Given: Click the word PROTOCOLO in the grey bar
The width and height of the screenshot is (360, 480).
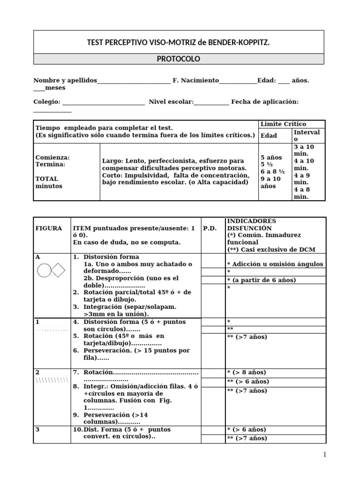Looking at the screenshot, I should click(x=178, y=59).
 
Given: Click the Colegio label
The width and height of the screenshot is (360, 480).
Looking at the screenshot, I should click(x=46, y=102).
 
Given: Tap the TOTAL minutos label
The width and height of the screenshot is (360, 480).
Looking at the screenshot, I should click(x=47, y=182).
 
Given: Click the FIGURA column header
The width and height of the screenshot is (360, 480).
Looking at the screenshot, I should click(x=48, y=228).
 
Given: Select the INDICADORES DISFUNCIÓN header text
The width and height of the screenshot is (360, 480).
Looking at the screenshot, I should click(x=251, y=225).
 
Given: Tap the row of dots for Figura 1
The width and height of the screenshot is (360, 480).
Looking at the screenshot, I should click(x=52, y=330).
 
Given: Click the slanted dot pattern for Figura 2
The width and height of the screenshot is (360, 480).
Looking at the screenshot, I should click(x=52, y=380).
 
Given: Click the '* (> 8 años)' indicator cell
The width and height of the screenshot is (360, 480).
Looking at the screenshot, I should click(x=246, y=372).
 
